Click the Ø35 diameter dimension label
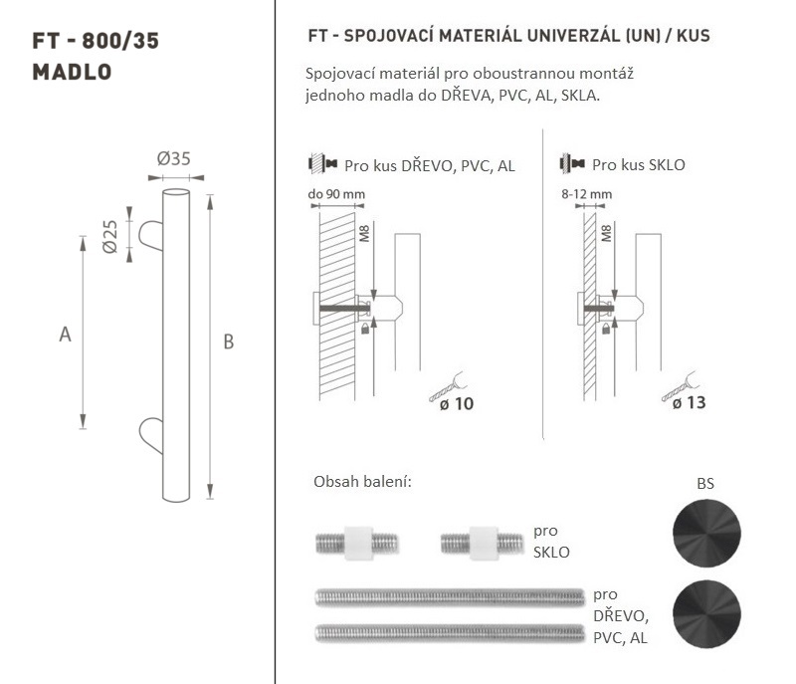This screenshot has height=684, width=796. (173, 159)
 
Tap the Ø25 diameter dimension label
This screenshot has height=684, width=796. (109, 236)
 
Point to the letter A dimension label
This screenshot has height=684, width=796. (65, 335)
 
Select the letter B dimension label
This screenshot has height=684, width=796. (229, 342)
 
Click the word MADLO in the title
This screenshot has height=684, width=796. (72, 72)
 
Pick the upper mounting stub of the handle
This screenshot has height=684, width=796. (151, 235)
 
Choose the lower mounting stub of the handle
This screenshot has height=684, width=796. (151, 435)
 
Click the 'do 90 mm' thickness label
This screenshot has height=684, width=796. (336, 194)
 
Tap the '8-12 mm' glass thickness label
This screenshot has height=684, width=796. (586, 194)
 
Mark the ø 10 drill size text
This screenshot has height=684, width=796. (457, 404)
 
